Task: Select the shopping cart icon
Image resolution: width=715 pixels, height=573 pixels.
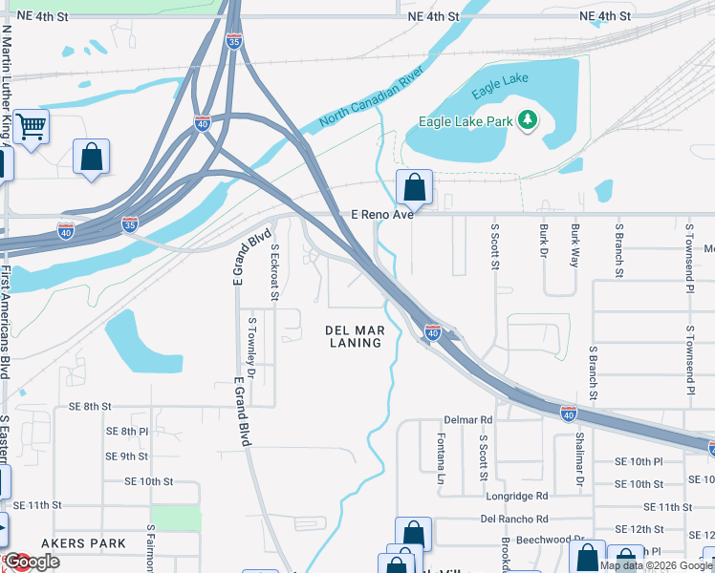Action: click(x=32, y=125)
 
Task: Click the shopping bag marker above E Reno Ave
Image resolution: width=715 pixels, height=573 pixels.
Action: click(x=414, y=187)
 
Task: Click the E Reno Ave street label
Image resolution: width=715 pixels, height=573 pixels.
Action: click(x=381, y=215)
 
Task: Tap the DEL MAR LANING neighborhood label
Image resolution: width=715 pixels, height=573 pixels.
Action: click(x=355, y=336)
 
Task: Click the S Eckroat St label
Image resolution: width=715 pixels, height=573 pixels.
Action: click(x=274, y=271)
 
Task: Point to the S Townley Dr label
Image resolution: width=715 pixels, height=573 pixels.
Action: click(x=252, y=345)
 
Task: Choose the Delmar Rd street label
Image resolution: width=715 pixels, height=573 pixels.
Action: click(x=468, y=419)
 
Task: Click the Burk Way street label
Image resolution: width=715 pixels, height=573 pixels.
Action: click(x=574, y=244)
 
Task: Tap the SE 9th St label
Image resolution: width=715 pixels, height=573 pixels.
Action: click(x=128, y=456)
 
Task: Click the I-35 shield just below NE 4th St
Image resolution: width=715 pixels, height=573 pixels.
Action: click(x=235, y=40)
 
